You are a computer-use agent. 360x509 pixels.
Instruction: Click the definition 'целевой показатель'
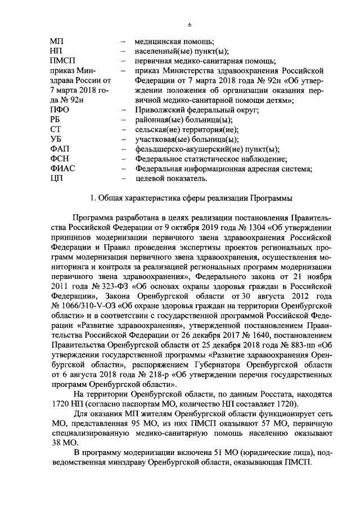(x=171, y=179)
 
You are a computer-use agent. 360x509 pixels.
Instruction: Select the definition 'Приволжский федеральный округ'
(x=196, y=110)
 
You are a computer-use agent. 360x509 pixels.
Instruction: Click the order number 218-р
(x=149, y=376)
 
